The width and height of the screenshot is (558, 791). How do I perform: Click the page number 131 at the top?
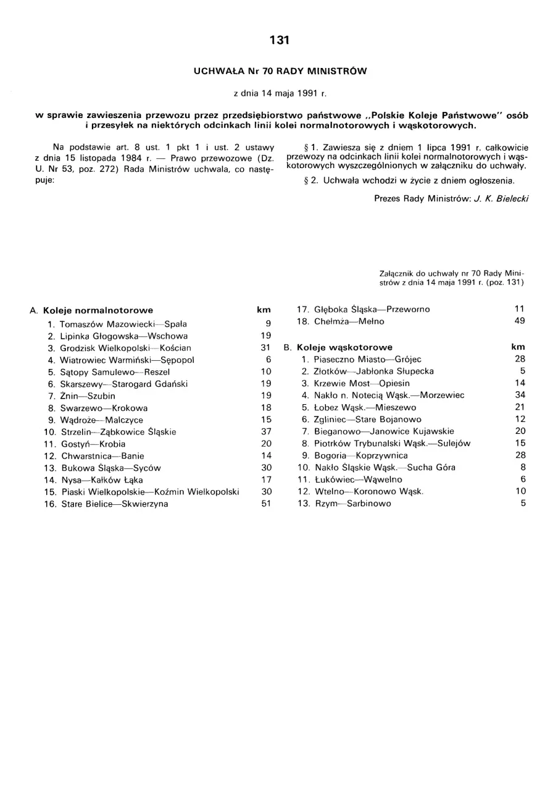pos(280,40)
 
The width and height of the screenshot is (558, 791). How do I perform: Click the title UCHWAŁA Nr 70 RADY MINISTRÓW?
pos(280,71)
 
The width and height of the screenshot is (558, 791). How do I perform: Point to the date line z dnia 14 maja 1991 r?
pos(280,94)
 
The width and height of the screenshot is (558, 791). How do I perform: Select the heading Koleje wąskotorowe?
pos(344,347)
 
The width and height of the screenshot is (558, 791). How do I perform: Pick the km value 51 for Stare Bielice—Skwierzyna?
pos(266,504)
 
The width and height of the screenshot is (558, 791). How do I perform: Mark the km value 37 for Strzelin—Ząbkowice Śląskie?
pos(266,431)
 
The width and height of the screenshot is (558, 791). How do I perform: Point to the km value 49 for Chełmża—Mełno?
pos(520,321)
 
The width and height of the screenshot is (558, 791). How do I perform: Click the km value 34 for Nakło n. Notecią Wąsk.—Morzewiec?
pos(520,394)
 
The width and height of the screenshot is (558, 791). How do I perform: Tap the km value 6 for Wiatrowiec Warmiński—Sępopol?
pos(269,359)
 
